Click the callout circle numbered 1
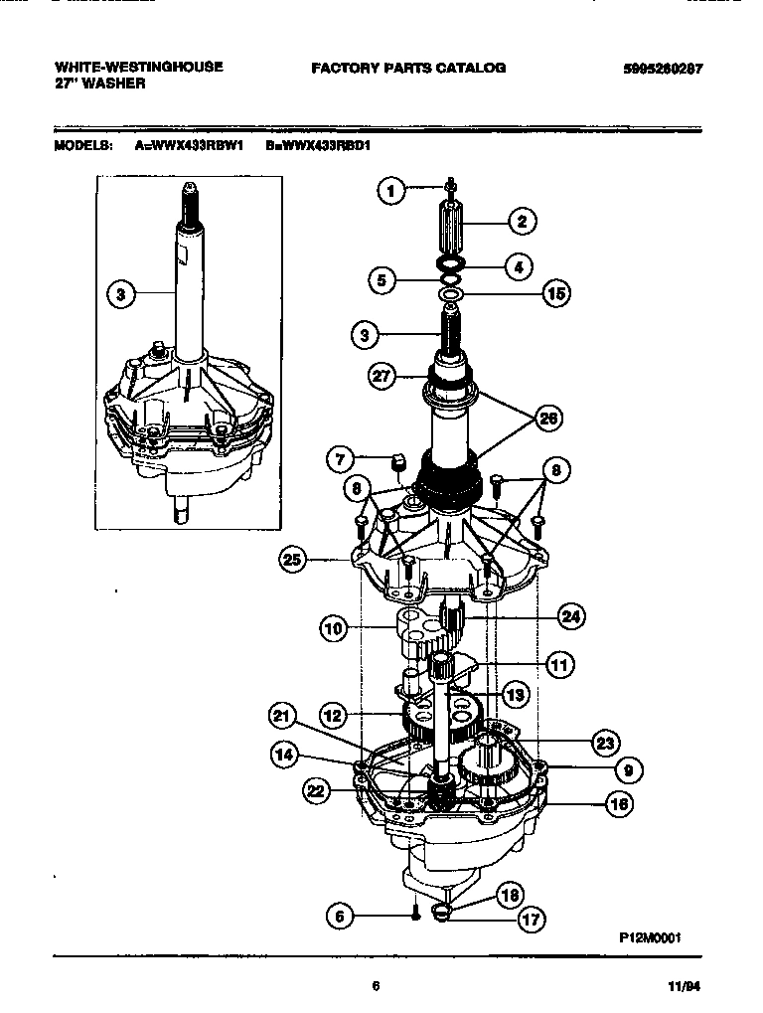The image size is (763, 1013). [392, 190]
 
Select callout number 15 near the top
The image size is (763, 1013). [556, 294]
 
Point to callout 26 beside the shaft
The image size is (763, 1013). [546, 419]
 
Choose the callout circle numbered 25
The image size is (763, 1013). [292, 561]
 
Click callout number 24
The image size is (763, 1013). [570, 617]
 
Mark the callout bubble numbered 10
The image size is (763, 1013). [334, 627]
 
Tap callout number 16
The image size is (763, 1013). [619, 803]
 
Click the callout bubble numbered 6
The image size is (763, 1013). [340, 916]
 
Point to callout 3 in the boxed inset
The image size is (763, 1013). [120, 294]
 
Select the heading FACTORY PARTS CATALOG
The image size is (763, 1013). [408, 69]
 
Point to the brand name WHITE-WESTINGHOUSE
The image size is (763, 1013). [138, 68]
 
